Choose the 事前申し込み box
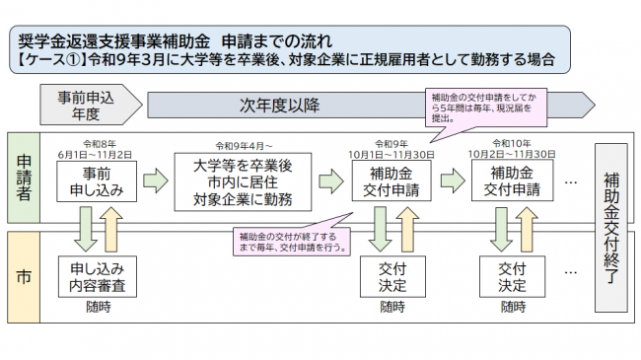click(97, 181)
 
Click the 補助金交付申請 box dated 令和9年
click(392, 181)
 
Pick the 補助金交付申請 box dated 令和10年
click(512, 181)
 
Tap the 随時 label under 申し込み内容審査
click(97, 307)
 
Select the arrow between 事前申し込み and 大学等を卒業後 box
click(154, 181)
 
